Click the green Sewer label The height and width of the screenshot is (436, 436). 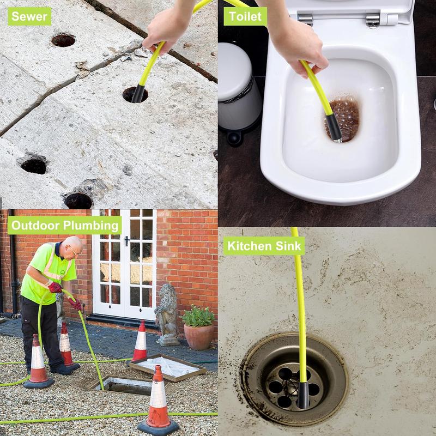(29, 16)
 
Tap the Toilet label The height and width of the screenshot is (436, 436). (245, 16)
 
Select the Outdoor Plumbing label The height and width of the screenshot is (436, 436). (64, 225)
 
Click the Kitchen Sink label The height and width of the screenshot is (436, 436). (264, 246)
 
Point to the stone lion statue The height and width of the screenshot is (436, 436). (167, 314)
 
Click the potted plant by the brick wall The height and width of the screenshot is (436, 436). (198, 328)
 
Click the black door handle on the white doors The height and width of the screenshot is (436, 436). (126, 241)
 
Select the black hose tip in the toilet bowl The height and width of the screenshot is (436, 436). (334, 128)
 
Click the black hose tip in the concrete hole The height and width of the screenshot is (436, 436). (138, 94)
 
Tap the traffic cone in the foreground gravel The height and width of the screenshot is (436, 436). (158, 401)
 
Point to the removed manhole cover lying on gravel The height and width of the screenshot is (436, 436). (168, 367)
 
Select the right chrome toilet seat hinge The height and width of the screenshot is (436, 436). (373, 20)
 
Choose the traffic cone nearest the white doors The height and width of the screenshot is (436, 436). (140, 341)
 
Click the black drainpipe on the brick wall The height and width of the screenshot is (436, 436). (13, 262)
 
